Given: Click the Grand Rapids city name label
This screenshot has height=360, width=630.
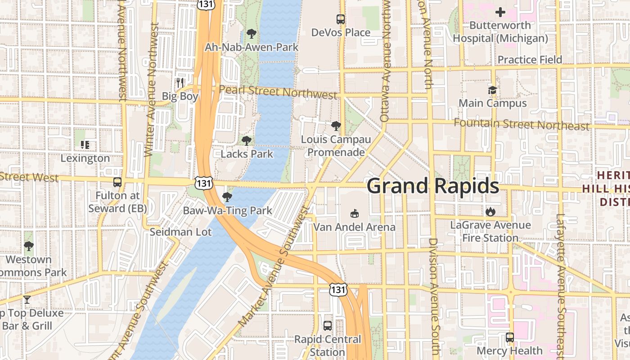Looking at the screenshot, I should pos(433,186).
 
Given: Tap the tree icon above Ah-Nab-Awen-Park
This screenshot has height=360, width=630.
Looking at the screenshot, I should pos(252,34).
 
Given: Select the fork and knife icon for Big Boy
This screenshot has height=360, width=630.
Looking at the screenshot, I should pos(180,83).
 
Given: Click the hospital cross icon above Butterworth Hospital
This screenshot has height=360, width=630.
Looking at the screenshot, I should pos(500,12).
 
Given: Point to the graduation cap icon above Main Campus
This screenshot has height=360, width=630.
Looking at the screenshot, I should pos(492,90).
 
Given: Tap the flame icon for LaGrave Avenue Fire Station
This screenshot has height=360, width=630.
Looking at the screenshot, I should pos(490,211).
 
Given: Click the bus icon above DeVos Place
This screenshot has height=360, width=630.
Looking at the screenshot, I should pos(341,19).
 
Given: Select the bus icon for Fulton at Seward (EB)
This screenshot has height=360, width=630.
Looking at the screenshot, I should pos(117,182).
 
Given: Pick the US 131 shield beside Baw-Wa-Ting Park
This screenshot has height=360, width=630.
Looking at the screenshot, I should pos(203,183).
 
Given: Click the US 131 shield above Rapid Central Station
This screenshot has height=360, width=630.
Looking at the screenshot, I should pos(338,289).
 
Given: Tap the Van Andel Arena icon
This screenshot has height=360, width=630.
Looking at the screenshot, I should pos(355,213).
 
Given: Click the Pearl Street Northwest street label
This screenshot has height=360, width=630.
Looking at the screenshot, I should pos(278,92).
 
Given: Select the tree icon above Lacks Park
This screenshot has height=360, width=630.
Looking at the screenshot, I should pos(246,141).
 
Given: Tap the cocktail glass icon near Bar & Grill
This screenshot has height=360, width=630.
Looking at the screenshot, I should pos(27,300).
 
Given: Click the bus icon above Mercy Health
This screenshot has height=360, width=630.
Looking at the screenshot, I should pos(509,337).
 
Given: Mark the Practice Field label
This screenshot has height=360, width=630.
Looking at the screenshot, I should pos(530,60).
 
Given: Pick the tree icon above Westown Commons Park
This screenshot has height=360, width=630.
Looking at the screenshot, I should pos(29,246).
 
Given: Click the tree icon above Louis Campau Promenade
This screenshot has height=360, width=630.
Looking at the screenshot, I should pos(336,126).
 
